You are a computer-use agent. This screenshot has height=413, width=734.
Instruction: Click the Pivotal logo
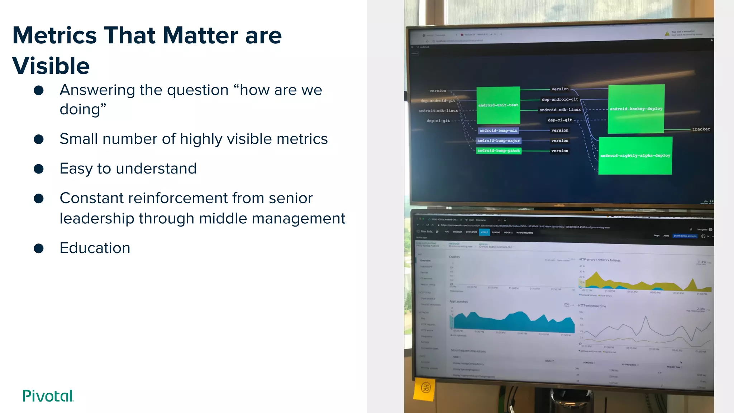[x=48, y=396]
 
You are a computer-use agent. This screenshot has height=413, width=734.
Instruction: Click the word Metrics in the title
[x=54, y=35]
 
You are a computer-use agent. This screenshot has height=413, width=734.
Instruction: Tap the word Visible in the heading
[x=51, y=66]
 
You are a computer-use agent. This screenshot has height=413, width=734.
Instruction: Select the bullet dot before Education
[x=39, y=248]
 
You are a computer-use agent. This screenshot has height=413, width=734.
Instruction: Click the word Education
[x=95, y=248]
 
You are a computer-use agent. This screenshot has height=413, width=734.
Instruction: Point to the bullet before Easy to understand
[x=39, y=169]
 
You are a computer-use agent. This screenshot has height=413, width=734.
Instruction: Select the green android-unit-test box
[x=498, y=105]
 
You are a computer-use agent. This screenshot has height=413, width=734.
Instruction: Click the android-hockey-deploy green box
[x=636, y=109]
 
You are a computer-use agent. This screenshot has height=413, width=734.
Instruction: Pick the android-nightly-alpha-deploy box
[x=635, y=156]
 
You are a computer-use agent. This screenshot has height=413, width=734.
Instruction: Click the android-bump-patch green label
[x=498, y=151]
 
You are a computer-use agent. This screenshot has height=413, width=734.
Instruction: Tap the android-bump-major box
[x=498, y=141]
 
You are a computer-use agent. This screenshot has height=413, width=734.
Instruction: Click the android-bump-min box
[x=498, y=130]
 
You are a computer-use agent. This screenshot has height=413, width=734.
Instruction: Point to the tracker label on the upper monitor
[x=701, y=129]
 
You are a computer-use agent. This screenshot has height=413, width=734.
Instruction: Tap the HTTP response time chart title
[x=592, y=306]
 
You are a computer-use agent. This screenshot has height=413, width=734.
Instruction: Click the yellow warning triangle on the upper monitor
[x=667, y=34]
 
